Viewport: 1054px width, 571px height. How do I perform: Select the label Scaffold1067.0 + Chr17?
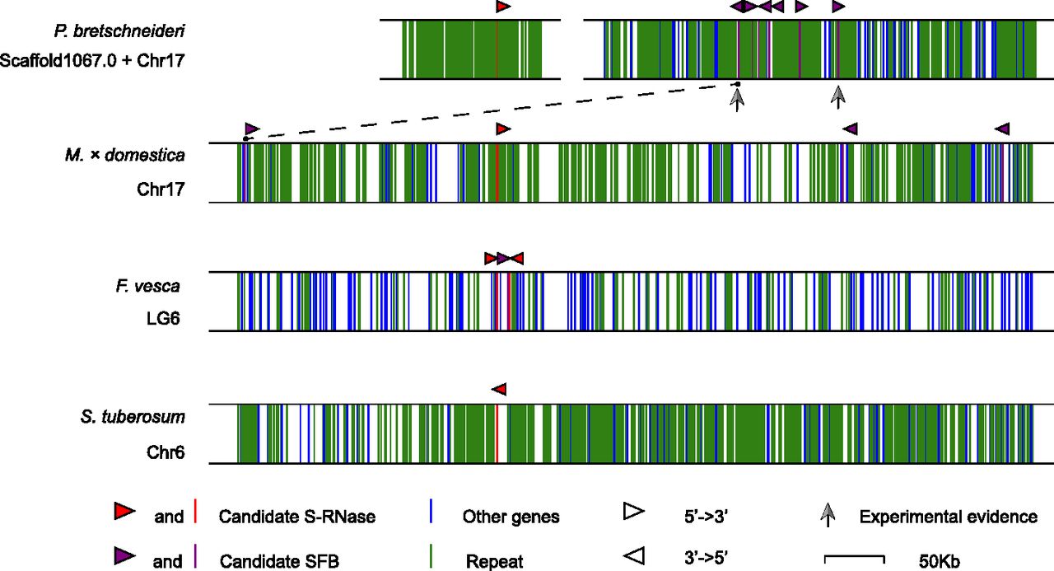(92, 59)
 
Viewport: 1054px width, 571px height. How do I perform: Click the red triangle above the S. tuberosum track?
(498, 389)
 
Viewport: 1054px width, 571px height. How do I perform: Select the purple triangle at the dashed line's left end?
(251, 129)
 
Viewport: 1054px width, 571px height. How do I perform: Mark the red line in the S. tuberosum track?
(497, 433)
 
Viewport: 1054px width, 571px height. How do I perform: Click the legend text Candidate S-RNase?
(296, 517)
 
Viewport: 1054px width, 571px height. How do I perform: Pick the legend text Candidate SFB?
(279, 561)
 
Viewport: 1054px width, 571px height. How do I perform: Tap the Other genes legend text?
(511, 517)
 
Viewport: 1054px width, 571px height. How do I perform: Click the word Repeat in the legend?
(494, 561)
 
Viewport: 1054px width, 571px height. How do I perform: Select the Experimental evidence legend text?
(948, 517)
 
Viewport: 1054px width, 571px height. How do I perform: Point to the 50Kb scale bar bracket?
(854, 559)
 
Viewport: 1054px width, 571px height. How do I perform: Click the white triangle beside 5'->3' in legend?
(633, 512)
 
